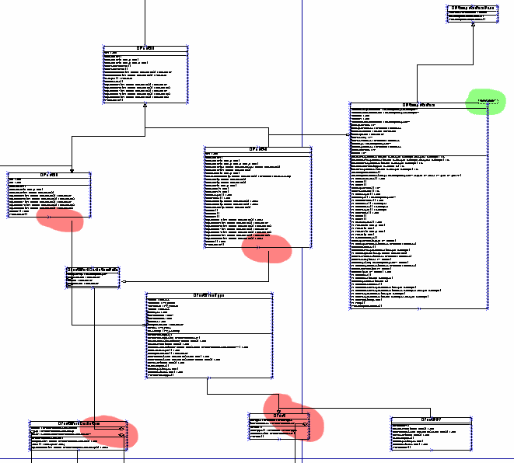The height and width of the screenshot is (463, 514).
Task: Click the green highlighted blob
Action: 483,102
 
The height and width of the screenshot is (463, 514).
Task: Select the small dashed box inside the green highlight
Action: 487,102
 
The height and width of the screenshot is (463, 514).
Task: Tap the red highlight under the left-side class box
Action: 60,221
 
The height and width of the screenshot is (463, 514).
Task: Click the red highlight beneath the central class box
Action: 267,249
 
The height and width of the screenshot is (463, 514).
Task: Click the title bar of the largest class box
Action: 418,105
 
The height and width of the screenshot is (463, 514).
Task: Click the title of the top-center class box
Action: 145,48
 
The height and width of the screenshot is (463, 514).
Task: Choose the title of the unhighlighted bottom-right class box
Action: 432,419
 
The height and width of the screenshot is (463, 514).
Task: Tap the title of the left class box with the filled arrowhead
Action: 49,175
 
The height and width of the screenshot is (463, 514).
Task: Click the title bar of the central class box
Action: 257,149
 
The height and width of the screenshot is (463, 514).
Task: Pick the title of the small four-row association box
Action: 92,270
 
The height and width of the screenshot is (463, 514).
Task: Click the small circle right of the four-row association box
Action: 123,281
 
